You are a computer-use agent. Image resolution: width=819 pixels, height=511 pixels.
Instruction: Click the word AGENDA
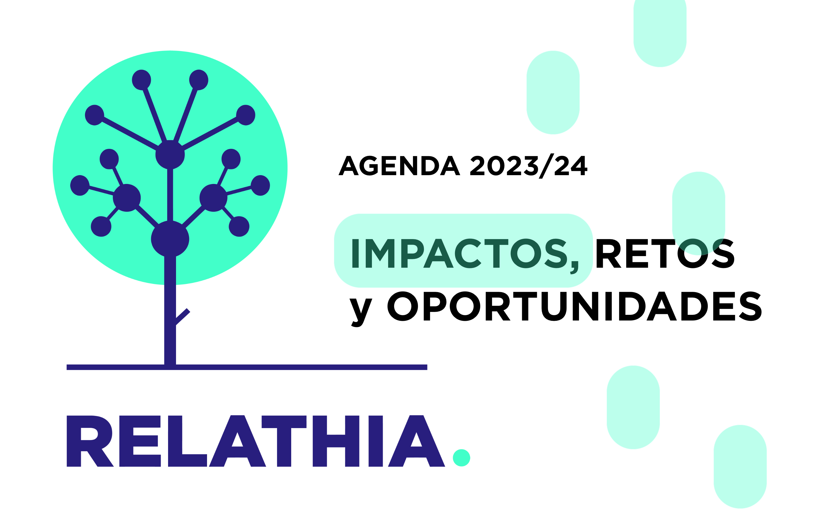(399, 166)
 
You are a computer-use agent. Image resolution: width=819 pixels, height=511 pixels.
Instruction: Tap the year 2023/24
(529, 166)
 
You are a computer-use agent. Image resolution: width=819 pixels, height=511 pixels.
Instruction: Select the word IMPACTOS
(460, 254)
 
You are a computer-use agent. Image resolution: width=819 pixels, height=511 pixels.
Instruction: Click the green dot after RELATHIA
(461, 458)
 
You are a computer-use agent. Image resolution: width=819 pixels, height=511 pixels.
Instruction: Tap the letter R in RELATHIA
(90, 441)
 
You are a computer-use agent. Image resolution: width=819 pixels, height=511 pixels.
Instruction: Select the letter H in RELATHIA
(336, 441)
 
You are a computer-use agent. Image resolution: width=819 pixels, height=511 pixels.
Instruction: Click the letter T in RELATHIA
(284, 441)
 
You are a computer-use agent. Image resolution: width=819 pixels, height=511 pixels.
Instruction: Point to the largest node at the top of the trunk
(170, 239)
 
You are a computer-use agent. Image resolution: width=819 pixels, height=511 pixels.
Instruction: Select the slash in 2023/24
(546, 166)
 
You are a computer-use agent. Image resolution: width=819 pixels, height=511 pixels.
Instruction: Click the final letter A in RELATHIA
(416, 441)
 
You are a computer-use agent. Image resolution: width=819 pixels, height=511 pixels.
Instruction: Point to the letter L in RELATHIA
(187, 441)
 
